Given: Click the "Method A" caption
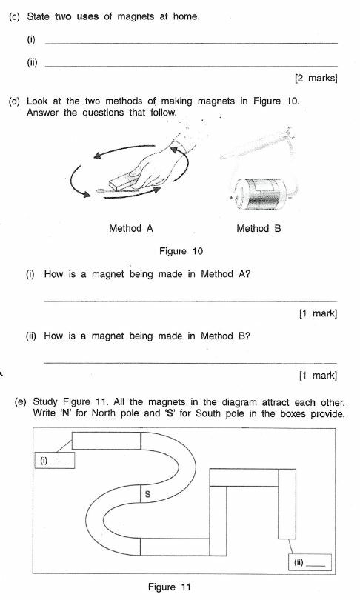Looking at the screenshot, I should [x=130, y=229].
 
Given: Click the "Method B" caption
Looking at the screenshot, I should [x=259, y=229].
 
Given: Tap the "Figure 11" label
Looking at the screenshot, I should [x=169, y=587].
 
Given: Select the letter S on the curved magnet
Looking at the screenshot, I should [x=147, y=496].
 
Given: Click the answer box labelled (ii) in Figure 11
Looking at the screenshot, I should [x=307, y=561].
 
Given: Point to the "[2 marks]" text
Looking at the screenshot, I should [x=316, y=78].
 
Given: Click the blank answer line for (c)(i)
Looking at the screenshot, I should [x=191, y=42].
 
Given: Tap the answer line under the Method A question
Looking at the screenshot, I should [x=191, y=301].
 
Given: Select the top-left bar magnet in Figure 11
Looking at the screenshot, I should [x=106, y=440].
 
